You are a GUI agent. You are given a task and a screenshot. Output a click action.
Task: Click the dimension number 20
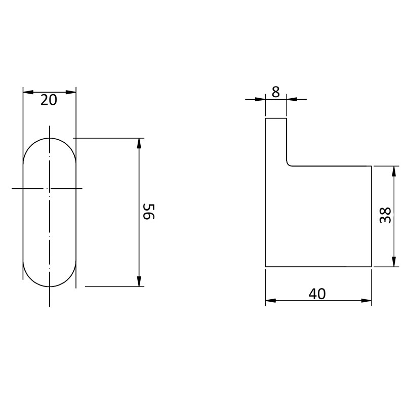(x=49, y=100)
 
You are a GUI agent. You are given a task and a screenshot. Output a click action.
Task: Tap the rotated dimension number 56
(x=149, y=211)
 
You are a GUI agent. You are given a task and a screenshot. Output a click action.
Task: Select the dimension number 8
(x=276, y=92)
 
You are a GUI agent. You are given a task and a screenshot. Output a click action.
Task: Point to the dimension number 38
(x=385, y=215)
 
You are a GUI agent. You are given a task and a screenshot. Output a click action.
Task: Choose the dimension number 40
(x=317, y=294)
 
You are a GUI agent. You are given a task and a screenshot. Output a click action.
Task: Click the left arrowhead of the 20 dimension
(x=28, y=92)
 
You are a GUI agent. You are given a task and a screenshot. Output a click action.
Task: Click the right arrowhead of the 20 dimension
(x=71, y=92)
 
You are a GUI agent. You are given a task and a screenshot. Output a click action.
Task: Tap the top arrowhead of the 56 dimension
(x=139, y=143)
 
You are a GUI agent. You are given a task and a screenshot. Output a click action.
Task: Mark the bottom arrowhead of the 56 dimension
(x=139, y=281)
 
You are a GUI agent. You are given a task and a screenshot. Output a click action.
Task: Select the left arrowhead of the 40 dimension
(x=271, y=301)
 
